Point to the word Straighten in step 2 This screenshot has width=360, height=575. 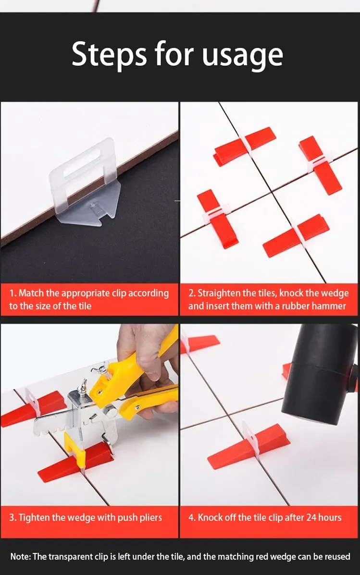[220, 293]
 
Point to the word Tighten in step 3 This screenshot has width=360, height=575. [36, 517]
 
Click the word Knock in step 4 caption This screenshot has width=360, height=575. [211, 517]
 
